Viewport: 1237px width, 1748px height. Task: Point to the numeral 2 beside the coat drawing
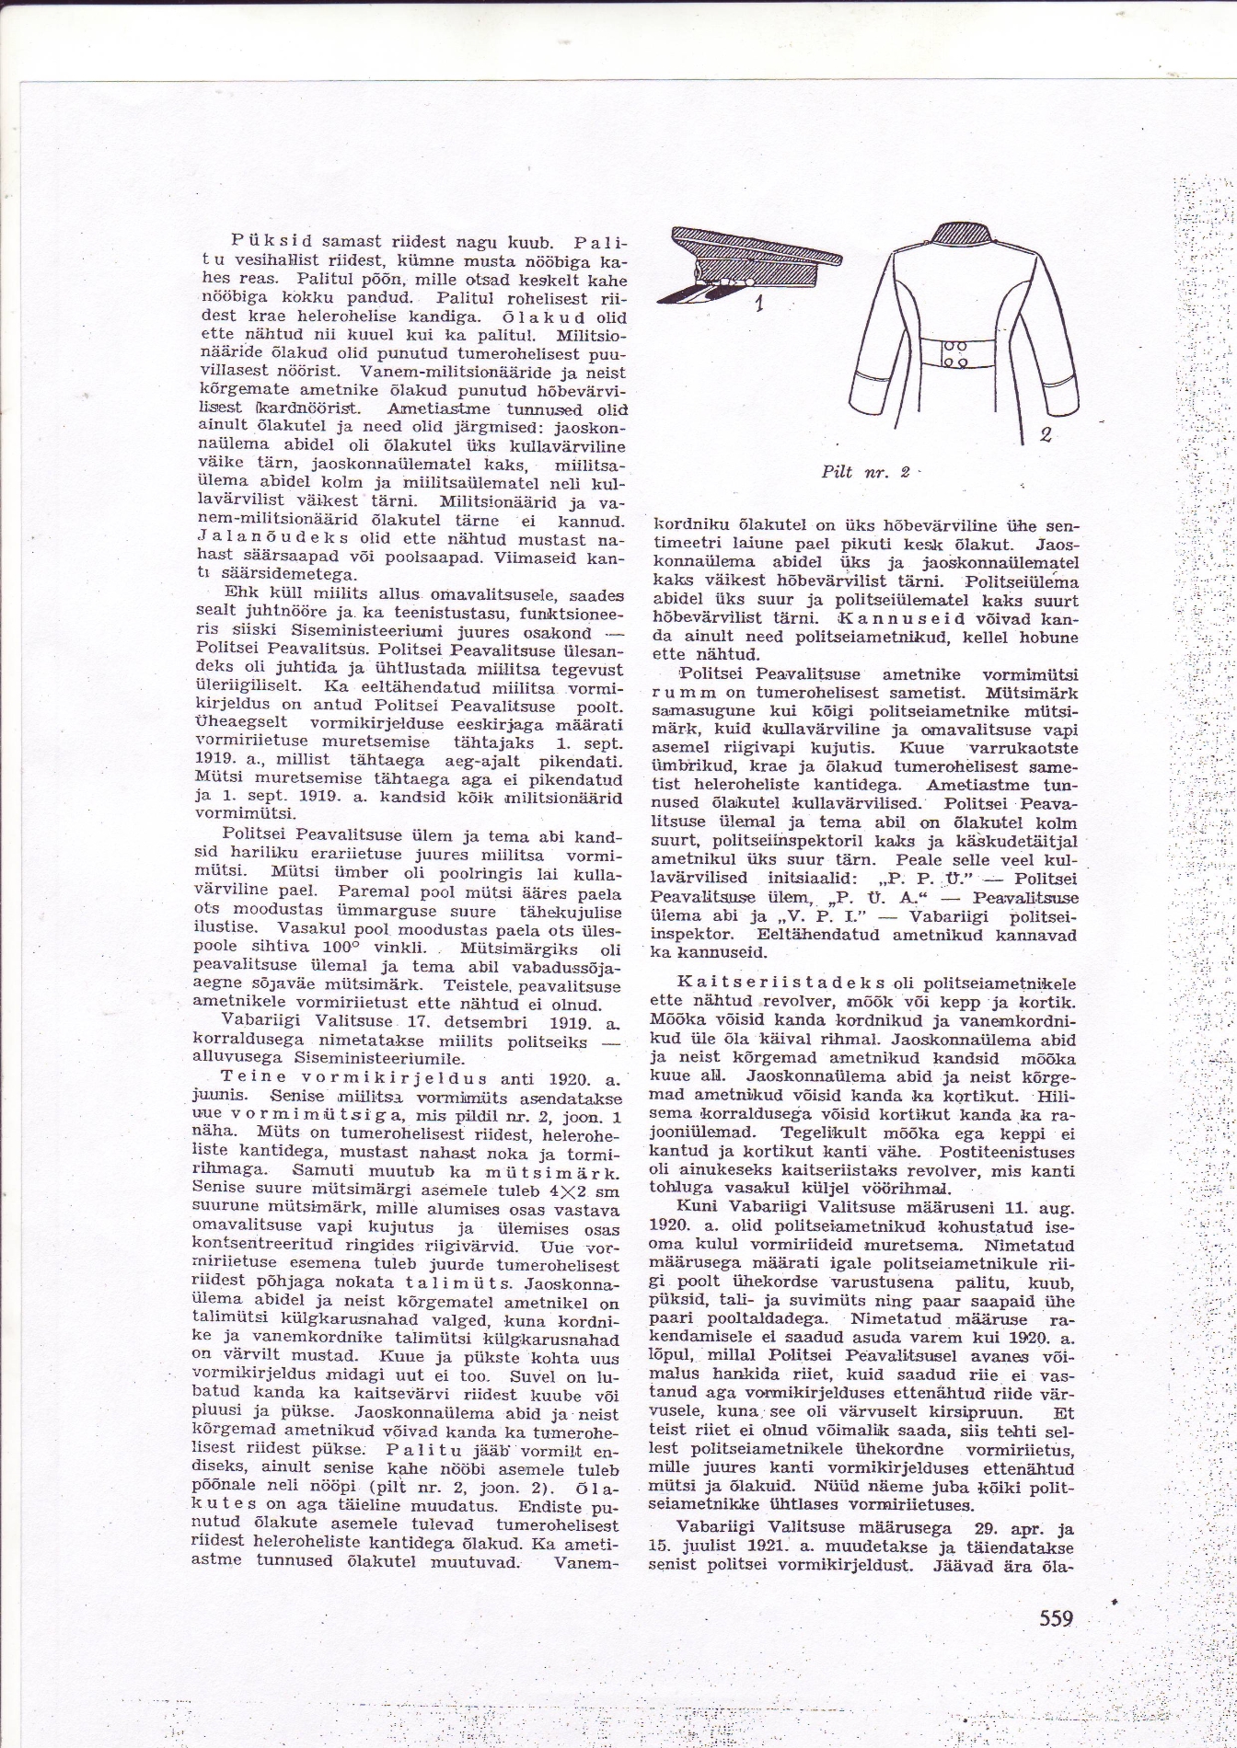[x=1045, y=434]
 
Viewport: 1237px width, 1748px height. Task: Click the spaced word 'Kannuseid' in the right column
[x=943, y=619]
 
